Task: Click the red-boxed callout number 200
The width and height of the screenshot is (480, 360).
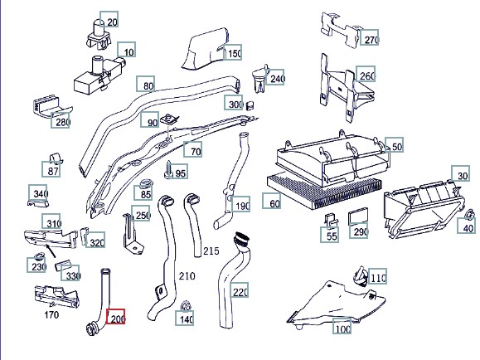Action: (115, 317)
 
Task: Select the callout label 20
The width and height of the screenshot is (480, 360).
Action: (109, 19)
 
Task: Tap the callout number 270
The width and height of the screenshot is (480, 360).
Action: (369, 37)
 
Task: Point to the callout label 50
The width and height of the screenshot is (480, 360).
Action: (395, 144)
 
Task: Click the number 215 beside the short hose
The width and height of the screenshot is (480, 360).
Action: (211, 251)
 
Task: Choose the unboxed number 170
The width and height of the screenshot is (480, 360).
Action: (51, 314)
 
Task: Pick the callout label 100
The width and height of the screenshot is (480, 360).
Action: (342, 327)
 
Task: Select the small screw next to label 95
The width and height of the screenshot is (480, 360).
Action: (169, 169)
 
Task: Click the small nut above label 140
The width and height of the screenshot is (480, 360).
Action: (186, 305)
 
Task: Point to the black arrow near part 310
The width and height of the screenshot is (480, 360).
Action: (51, 251)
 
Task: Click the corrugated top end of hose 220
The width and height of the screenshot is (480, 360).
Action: (241, 239)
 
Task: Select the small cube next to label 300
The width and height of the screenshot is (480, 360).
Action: (250, 105)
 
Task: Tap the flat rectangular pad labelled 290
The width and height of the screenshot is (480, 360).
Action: (358, 216)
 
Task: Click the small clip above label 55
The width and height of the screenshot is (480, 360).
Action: (331, 220)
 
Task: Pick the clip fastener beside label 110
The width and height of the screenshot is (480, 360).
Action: (361, 275)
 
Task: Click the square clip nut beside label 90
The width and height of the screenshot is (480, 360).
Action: (170, 119)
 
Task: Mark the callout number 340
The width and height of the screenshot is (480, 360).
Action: (37, 192)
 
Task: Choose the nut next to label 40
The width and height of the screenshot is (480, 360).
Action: (468, 215)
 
